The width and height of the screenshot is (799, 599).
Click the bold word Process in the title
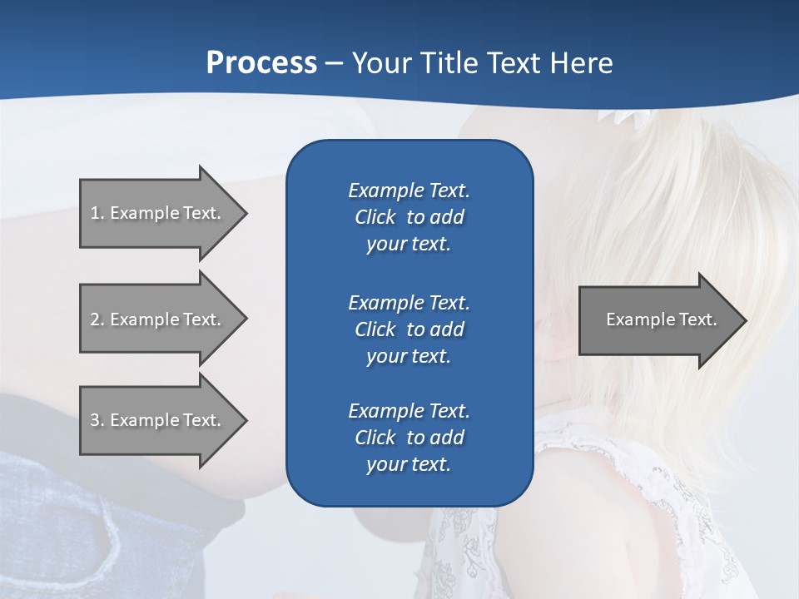261,63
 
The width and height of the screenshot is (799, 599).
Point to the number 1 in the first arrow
95,213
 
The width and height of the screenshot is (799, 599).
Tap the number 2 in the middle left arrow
95,319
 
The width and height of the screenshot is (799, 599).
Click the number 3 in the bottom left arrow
95,420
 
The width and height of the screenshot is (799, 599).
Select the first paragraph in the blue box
409,217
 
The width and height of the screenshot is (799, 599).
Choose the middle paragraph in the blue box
409,329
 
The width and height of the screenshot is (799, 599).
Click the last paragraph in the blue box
409,438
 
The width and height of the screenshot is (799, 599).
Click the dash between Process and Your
334,64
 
